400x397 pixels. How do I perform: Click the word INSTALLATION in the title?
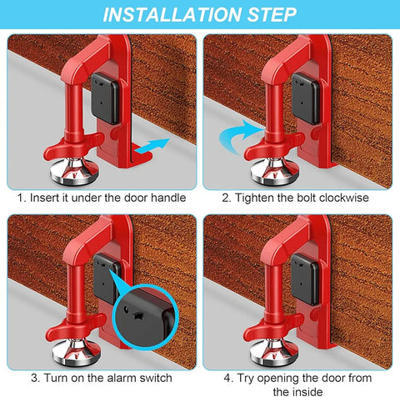coord(172,14)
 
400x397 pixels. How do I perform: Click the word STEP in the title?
coord(272,14)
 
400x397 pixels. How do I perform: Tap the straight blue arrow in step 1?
coord(152,146)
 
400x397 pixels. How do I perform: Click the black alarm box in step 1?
coord(106,98)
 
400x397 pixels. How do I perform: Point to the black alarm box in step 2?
coord(306,98)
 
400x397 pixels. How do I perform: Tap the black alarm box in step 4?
coord(305,279)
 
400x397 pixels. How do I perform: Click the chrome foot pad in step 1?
coord(74,172)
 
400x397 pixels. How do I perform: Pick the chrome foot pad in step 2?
coord(274,172)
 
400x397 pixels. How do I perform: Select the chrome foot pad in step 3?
coord(76,352)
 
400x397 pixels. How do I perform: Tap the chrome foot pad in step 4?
coord(274,352)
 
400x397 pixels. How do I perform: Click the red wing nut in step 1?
coord(74,146)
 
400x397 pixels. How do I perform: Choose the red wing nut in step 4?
coord(273,327)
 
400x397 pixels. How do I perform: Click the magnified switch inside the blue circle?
coord(138,316)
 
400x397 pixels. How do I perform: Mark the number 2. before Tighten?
coord(227,198)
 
